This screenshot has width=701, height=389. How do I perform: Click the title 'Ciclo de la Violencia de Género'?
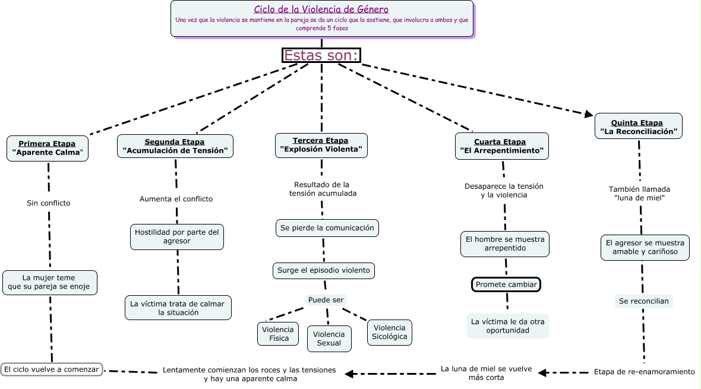(x=321, y=10)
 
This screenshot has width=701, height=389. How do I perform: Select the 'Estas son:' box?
(x=321, y=55)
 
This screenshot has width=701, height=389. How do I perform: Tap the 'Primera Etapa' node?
(x=48, y=148)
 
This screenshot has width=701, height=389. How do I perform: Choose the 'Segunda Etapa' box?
(x=175, y=146)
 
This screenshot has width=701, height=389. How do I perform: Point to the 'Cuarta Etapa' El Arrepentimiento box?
(x=502, y=146)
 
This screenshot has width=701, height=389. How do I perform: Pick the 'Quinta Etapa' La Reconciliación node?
(x=638, y=126)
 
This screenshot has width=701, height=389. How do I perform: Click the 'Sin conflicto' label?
(x=48, y=203)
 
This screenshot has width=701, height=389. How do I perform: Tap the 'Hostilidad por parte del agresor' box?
(x=176, y=236)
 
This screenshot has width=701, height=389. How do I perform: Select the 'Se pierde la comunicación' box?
(x=327, y=227)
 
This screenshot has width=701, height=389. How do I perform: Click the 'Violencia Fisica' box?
(x=279, y=334)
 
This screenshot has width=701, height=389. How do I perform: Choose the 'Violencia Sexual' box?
(x=329, y=339)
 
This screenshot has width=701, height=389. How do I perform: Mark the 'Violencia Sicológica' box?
(x=389, y=332)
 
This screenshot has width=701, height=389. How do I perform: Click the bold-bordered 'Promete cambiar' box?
(x=506, y=284)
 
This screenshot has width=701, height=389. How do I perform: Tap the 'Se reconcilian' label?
(x=643, y=301)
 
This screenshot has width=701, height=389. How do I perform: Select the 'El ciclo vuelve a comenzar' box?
(x=51, y=369)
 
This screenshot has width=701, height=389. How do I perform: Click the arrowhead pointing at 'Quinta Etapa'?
(x=588, y=114)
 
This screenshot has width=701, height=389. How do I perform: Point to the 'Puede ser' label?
(x=326, y=300)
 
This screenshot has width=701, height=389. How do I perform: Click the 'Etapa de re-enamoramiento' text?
(x=644, y=372)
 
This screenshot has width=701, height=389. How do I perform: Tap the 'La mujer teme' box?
(x=49, y=283)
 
